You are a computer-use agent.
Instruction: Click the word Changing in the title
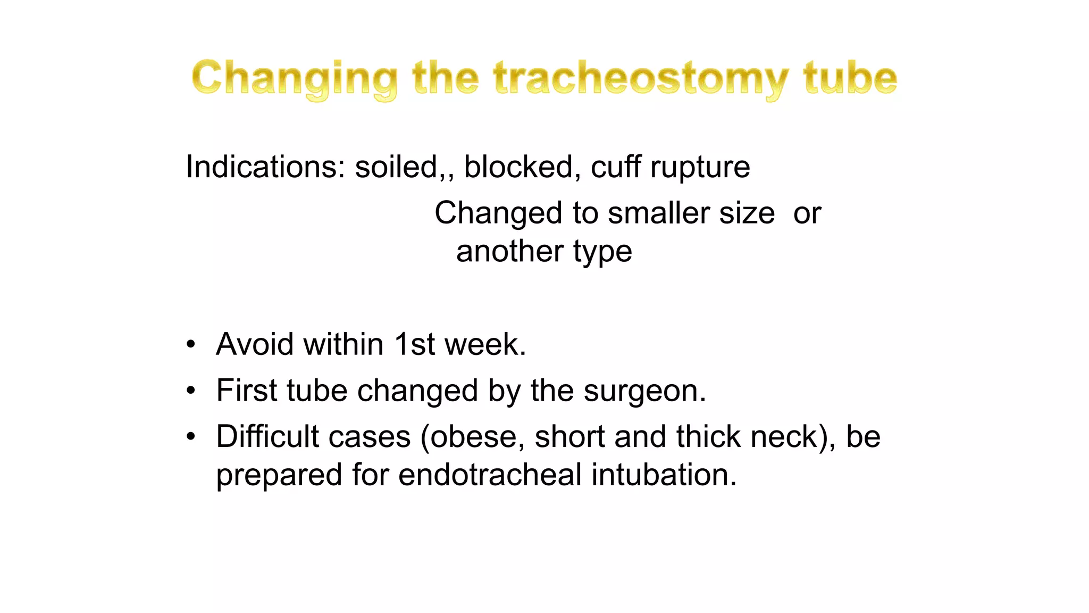click(x=294, y=79)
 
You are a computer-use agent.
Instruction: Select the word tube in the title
click(x=850, y=79)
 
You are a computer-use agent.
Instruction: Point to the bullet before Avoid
click(x=191, y=344)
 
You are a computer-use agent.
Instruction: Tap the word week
click(x=485, y=344)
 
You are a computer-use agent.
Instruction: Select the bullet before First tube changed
click(x=191, y=391)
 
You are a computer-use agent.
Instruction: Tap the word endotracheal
click(x=490, y=475)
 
